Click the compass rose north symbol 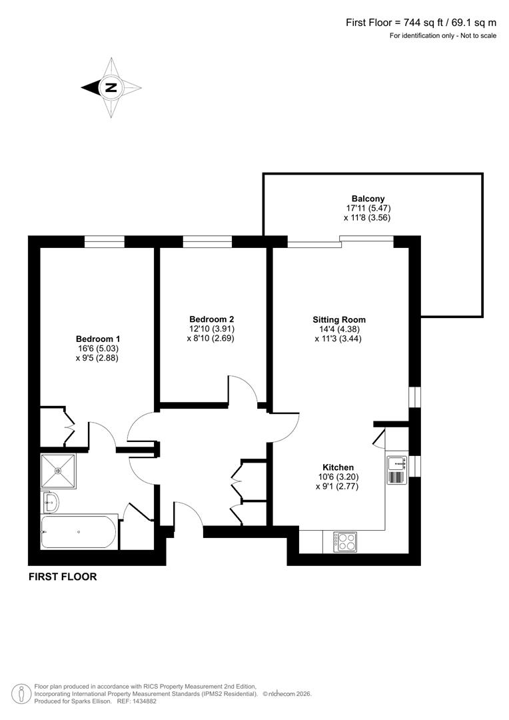(111, 87)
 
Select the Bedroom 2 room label (211, 319)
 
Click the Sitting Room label (339, 319)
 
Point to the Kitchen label (338, 467)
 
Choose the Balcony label (368, 198)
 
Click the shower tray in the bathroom (59, 471)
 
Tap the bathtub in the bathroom (79, 532)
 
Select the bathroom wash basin (51, 501)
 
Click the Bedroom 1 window (105, 241)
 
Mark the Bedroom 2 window (207, 241)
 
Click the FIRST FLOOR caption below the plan (63, 577)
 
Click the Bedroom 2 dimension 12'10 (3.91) (211, 329)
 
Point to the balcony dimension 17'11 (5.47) (368, 208)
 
